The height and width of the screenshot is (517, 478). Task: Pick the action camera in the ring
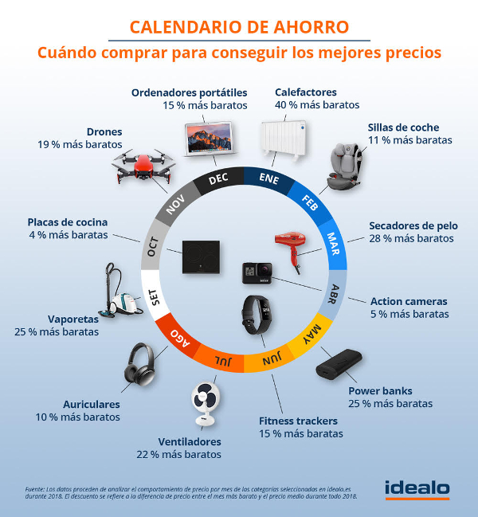point(258,272)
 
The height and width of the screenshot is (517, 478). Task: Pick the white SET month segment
point(155,299)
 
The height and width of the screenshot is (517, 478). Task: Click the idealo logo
point(416,488)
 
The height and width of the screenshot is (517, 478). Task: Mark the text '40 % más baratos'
point(316,104)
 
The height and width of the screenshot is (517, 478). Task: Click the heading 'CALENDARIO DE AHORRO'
point(239,26)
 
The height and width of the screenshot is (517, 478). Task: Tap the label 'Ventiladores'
point(190,441)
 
